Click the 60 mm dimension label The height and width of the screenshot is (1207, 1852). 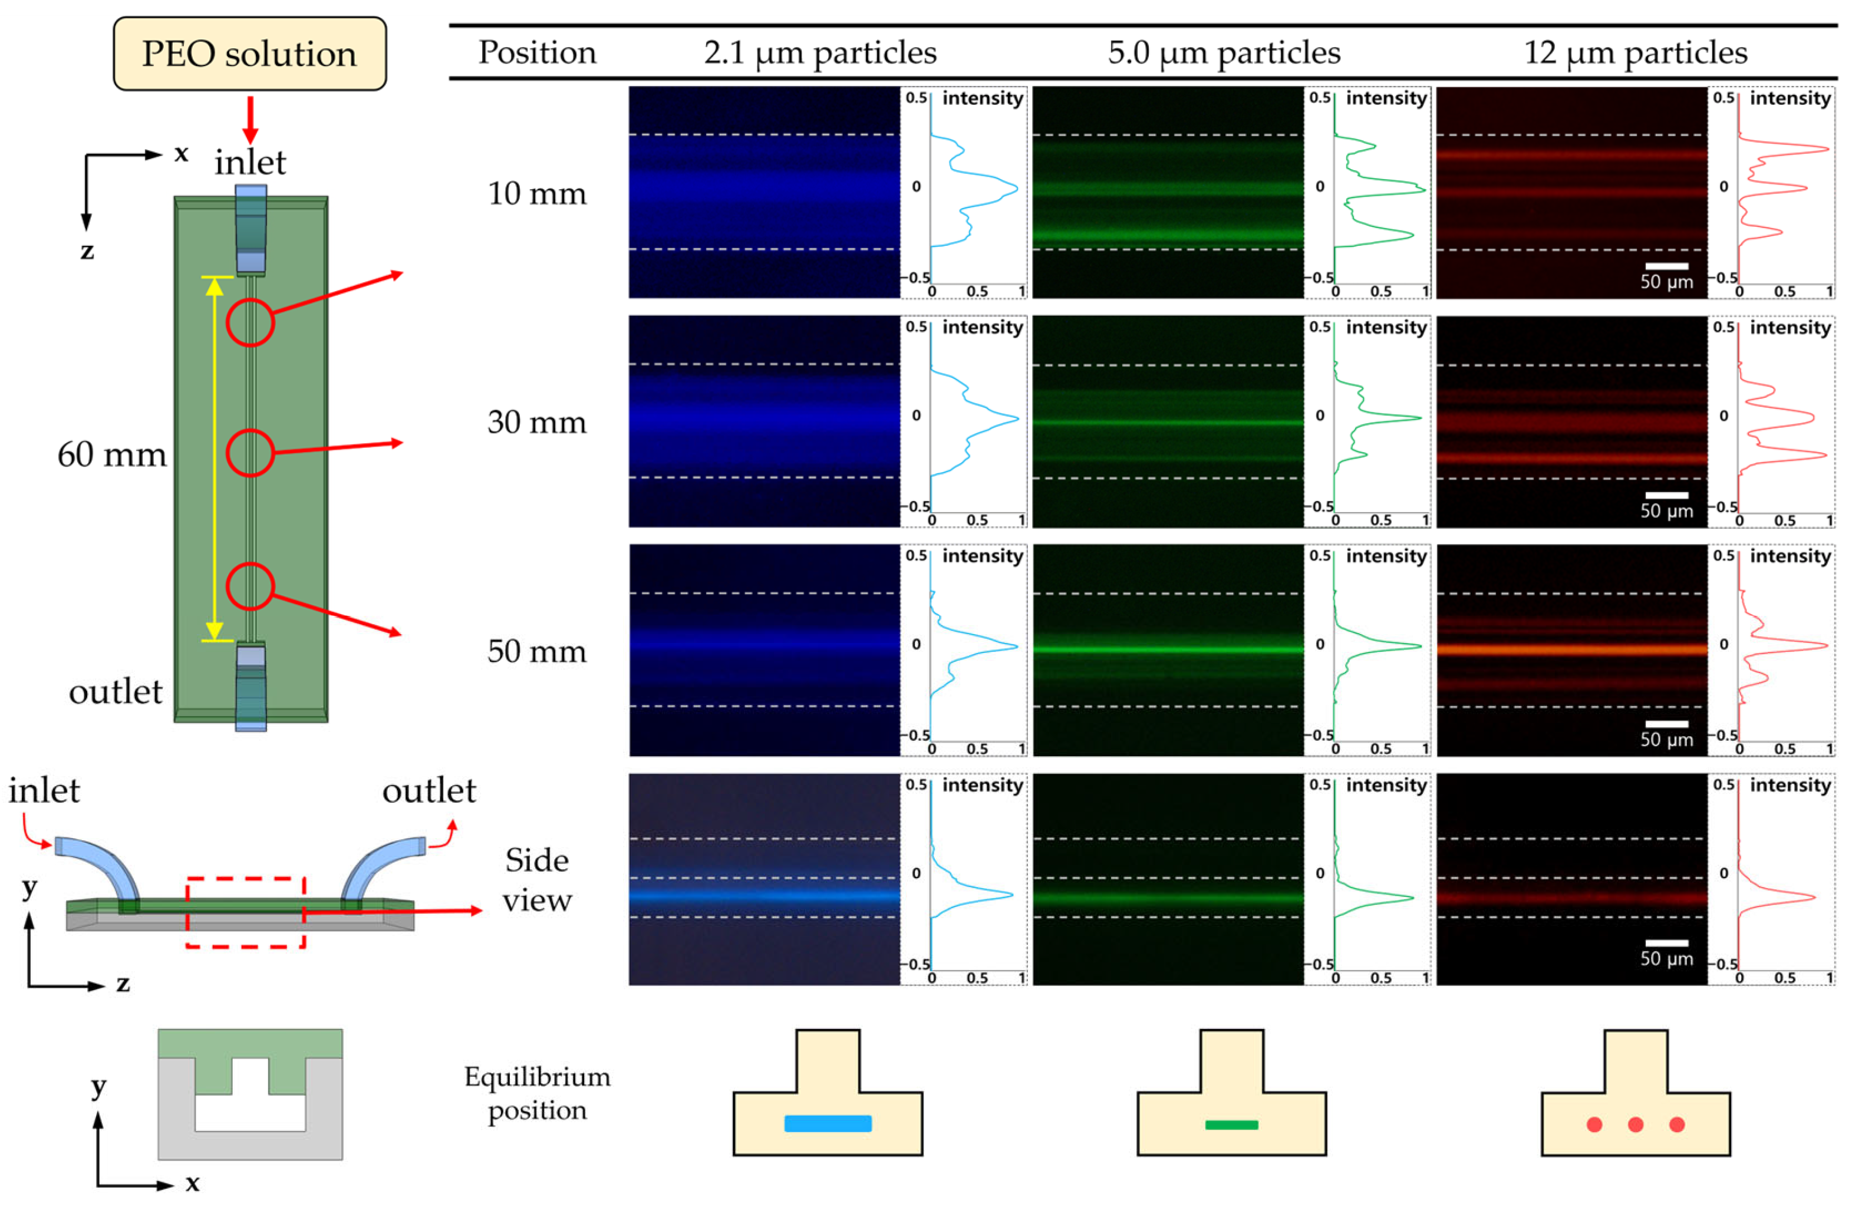click(x=112, y=454)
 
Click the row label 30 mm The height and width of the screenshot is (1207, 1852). click(x=536, y=422)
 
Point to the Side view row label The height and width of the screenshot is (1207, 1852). click(x=536, y=879)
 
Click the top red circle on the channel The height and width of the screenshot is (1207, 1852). click(x=250, y=322)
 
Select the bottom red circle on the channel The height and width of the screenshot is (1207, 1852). click(x=250, y=586)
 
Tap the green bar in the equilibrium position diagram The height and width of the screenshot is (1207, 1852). click(x=1231, y=1124)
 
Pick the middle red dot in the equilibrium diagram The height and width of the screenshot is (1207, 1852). click(x=1635, y=1124)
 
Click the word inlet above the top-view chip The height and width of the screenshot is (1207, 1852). click(x=250, y=163)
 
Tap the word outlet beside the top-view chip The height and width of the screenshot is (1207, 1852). click(x=115, y=691)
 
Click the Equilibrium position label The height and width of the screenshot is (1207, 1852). click(x=536, y=1092)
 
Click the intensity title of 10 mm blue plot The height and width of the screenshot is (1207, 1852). click(x=982, y=98)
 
